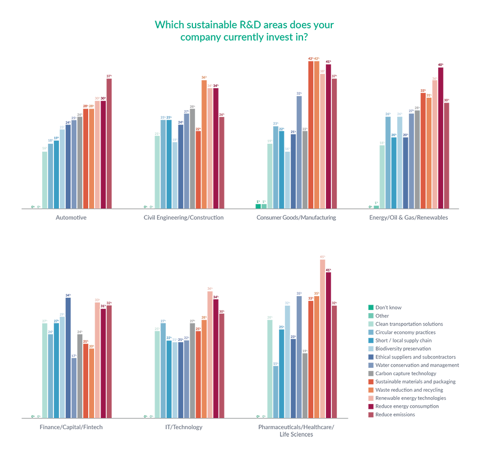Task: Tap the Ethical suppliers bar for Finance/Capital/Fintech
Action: click(68, 358)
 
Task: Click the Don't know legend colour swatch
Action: click(370, 307)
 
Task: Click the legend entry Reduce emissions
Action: click(395, 414)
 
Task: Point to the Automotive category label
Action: click(71, 218)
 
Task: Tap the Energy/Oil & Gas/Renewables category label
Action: click(408, 218)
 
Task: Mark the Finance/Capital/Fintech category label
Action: click(71, 427)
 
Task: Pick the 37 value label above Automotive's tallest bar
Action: click(109, 76)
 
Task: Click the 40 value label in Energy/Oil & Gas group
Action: click(440, 65)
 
